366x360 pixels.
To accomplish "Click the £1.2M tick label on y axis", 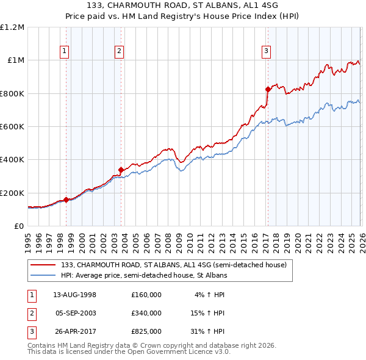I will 13,27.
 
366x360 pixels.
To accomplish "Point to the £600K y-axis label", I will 12,127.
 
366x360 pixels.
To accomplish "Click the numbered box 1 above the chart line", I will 65,51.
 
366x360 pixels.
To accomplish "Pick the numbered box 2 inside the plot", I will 120,51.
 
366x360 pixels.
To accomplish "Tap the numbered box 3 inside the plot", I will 267,51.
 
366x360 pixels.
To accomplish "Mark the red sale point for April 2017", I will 268,89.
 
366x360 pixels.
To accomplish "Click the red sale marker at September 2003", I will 121,170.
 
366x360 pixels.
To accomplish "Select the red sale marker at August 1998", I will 66,200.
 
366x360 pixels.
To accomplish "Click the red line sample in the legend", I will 44,265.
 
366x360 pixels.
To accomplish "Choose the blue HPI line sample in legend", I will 44,275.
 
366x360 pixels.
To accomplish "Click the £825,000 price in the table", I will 146,332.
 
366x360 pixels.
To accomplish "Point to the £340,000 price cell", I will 146,313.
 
